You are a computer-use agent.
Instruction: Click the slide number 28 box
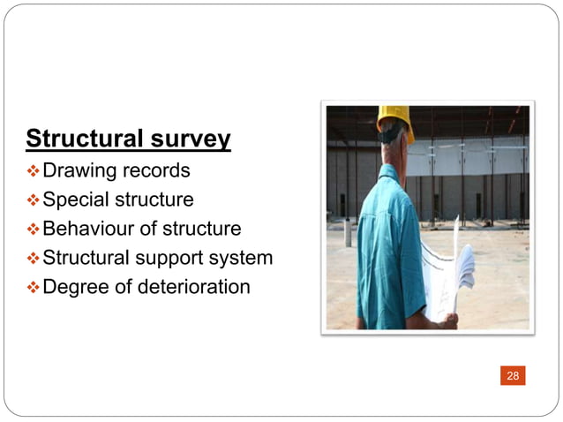[x=513, y=376]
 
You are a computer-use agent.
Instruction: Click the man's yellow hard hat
[x=396, y=119]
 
